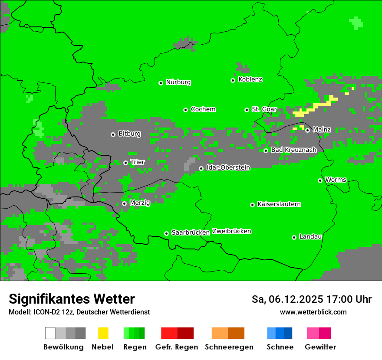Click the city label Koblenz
point(250,79)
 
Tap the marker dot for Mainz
point(307,130)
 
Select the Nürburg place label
point(178,82)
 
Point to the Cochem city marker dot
point(185,110)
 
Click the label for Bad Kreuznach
point(293,150)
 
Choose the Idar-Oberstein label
point(228,167)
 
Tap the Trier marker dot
point(125,163)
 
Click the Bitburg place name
point(129,134)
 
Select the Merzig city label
point(140,203)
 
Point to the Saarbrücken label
point(191,232)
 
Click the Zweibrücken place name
point(231,231)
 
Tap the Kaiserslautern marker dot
point(252,205)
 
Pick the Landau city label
point(310,236)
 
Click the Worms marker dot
point(320,180)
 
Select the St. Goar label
point(264,109)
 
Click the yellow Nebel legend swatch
point(103,333)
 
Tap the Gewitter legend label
point(320,347)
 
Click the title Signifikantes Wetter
point(72,299)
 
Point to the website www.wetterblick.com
point(313,312)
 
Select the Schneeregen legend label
point(229,347)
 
